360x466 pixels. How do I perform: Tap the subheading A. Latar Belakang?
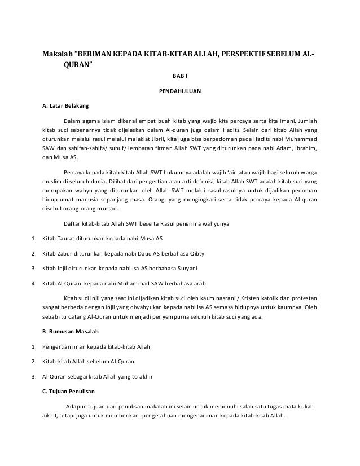tap(62, 105)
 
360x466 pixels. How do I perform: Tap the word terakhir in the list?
tap(142, 375)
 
